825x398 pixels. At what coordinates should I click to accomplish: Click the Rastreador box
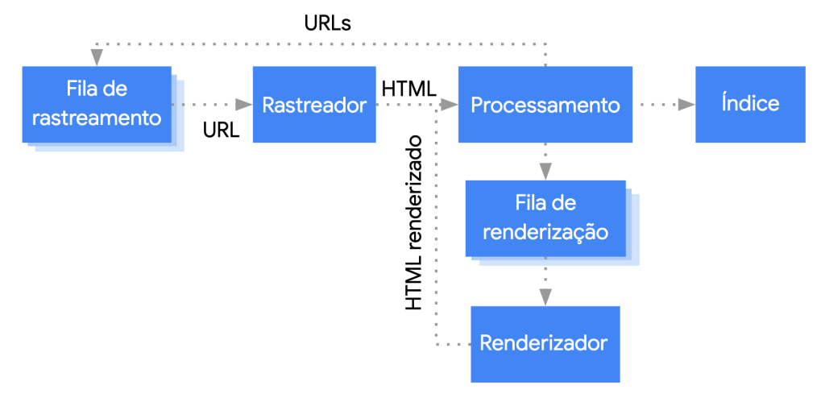tap(314, 105)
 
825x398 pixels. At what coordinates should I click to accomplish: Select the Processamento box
tap(545, 105)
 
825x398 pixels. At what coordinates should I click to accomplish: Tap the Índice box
tap(750, 105)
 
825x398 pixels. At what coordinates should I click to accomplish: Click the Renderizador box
tap(545, 343)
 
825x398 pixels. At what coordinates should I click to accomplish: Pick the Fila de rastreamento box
tap(97, 105)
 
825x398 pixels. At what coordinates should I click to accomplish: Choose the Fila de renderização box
tap(545, 218)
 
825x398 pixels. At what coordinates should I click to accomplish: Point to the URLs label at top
tap(327, 23)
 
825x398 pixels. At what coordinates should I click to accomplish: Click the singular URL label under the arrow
tap(222, 130)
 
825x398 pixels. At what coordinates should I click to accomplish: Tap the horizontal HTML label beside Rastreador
tap(408, 87)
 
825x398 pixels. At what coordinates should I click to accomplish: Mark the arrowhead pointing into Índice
tap(686, 105)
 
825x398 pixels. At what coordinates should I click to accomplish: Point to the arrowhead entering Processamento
tap(450, 105)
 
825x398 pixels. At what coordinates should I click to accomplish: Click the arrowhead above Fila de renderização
tap(545, 171)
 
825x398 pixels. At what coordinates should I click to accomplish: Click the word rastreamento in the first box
tap(97, 118)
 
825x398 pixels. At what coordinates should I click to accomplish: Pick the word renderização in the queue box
tap(545, 231)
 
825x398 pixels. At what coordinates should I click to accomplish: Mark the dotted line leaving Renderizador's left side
tap(453, 344)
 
